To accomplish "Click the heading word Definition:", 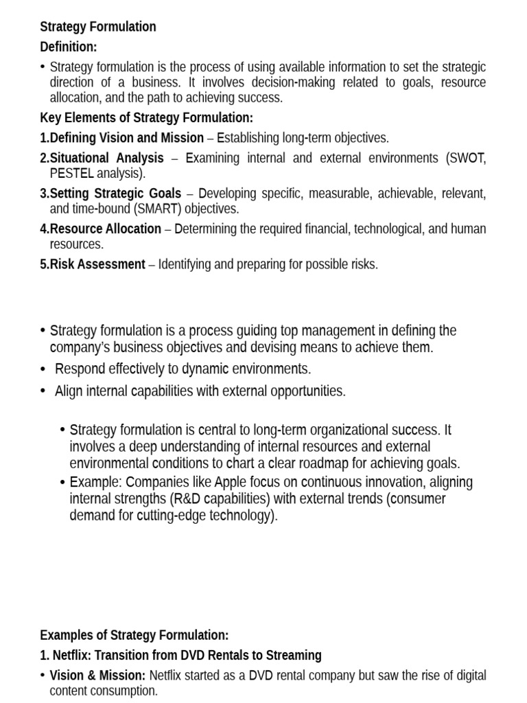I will tap(69, 47).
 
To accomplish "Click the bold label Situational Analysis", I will tap(107, 158).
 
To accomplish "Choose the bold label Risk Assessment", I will tap(97, 264).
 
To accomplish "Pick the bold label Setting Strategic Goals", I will tap(115, 194).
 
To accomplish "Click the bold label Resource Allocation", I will tap(106, 229).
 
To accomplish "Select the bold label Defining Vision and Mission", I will tap(127, 137).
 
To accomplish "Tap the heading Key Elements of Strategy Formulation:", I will tap(146, 117).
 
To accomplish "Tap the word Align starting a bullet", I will tap(68, 391).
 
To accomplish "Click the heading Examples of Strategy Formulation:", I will tap(134, 635).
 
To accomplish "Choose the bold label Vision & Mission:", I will tap(97, 676).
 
